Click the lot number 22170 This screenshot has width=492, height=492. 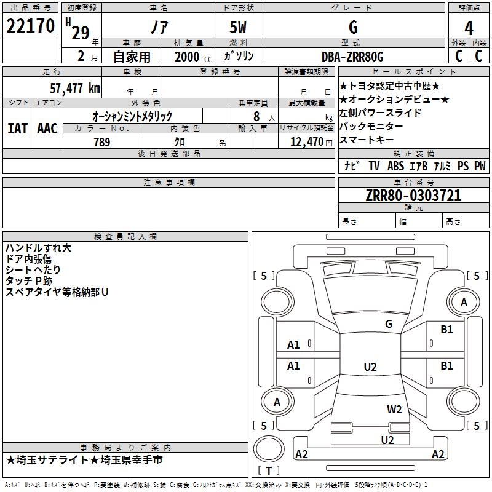click(x=30, y=26)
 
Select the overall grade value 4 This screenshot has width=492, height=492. click(x=469, y=28)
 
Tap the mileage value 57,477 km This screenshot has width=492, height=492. click(x=75, y=88)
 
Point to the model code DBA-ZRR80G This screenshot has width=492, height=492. click(x=352, y=57)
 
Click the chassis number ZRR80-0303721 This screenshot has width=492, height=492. click(x=413, y=196)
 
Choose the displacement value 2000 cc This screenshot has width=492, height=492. click(x=193, y=57)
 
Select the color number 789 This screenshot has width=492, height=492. click(x=102, y=142)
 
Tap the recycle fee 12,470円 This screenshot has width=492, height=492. click(x=311, y=142)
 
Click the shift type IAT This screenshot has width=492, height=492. click(x=18, y=129)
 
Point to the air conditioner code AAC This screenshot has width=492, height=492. click(x=47, y=129)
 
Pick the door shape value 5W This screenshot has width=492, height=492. click(x=238, y=27)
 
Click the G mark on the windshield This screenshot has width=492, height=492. click(x=389, y=324)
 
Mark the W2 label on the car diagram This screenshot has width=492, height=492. click(x=394, y=410)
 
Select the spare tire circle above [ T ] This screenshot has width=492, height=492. click(x=269, y=448)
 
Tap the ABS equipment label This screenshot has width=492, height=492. click(x=395, y=165)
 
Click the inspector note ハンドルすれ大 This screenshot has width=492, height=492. click(x=38, y=248)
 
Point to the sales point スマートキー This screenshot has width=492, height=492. click(x=367, y=140)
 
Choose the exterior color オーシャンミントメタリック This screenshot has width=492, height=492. click(x=132, y=116)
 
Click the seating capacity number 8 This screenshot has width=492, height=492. click(x=256, y=116)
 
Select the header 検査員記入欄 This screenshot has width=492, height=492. click(x=125, y=237)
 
